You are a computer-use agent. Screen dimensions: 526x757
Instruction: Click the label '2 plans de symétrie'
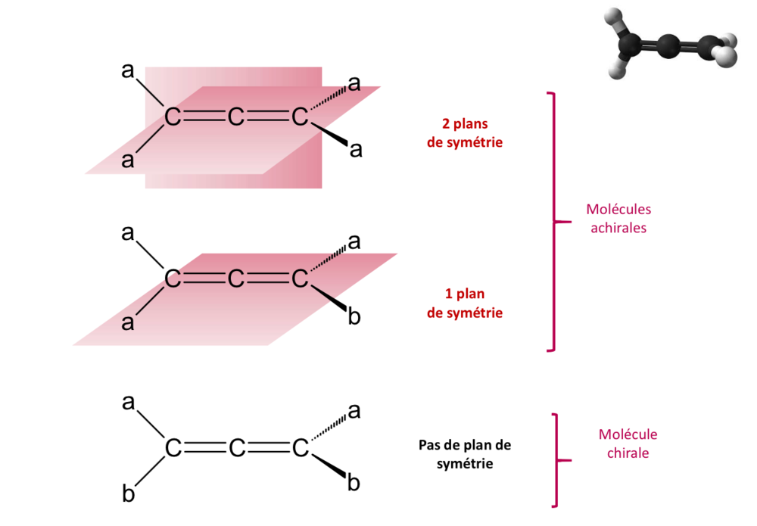(465, 132)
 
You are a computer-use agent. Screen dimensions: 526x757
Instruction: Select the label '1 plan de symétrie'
(465, 303)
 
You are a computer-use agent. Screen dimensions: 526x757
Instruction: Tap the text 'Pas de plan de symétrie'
(465, 454)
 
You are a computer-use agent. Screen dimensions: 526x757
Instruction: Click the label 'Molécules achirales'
(618, 218)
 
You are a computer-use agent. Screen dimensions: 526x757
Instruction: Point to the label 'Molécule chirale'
(628, 444)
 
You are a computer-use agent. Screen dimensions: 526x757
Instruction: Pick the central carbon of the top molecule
(236, 117)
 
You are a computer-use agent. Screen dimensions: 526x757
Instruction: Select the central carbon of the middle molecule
(236, 279)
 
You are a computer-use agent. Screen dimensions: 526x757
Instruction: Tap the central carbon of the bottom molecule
(236, 449)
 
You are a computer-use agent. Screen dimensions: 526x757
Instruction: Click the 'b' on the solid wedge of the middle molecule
(354, 316)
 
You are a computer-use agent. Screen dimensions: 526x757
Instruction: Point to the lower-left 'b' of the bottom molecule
(128, 495)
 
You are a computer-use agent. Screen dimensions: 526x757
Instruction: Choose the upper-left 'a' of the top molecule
(128, 71)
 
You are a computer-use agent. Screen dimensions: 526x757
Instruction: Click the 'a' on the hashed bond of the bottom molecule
(354, 412)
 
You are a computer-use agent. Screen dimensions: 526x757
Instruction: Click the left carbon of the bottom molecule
(173, 449)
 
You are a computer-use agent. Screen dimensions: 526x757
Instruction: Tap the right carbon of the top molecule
(301, 117)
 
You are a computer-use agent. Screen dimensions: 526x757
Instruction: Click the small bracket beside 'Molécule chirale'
(558, 459)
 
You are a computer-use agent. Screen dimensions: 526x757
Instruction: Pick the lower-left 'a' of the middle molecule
(128, 324)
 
